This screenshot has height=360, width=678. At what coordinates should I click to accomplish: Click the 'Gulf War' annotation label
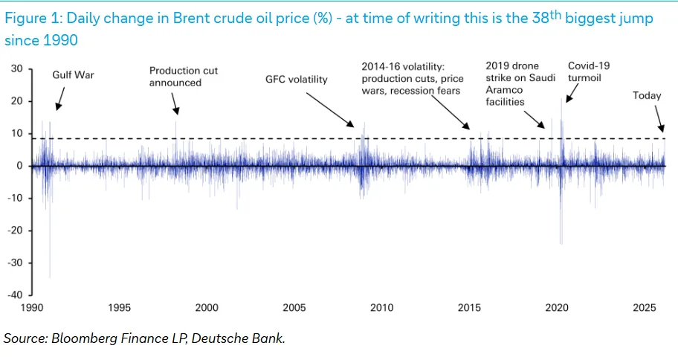[x=73, y=75]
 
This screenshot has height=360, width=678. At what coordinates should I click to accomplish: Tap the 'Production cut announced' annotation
[x=184, y=77]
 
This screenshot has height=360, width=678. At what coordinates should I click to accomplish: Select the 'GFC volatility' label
[x=296, y=80]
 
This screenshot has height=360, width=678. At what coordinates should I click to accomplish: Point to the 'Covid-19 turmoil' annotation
[x=589, y=72]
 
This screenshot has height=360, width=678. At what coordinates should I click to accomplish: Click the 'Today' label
[x=647, y=96]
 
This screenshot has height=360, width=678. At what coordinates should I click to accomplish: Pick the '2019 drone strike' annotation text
[x=520, y=84]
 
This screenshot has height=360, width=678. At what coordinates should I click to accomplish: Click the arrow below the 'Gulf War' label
[x=60, y=99]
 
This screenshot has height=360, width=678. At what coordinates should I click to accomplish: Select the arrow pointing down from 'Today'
[x=659, y=119]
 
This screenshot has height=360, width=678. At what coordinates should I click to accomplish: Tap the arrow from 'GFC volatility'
[x=330, y=110]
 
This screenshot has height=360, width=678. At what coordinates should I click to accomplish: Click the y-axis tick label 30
[x=17, y=68]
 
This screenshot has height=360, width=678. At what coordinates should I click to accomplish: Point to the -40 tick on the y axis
[x=15, y=295]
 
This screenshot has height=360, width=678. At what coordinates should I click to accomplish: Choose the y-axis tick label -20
[x=15, y=230]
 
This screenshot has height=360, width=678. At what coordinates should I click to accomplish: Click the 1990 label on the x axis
[x=32, y=308]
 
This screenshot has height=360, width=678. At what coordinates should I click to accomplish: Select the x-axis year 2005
[x=294, y=308]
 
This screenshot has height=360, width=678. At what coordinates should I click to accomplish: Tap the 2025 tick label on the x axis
[x=645, y=308]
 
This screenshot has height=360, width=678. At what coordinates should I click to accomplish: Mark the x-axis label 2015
[x=470, y=308]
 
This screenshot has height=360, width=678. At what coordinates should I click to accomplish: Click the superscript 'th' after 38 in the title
[x=555, y=15]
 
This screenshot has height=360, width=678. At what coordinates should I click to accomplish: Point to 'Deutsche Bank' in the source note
[x=238, y=338]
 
